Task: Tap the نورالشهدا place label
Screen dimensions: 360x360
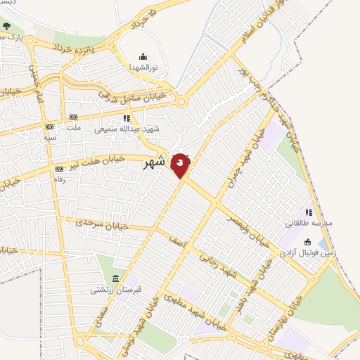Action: pos(143,67)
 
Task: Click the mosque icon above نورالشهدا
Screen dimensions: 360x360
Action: pos(143,57)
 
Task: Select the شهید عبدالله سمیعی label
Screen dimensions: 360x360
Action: pos(130,129)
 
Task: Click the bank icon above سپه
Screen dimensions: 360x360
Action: pos(49,127)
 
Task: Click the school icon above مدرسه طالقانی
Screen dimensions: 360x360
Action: pos(308,212)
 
